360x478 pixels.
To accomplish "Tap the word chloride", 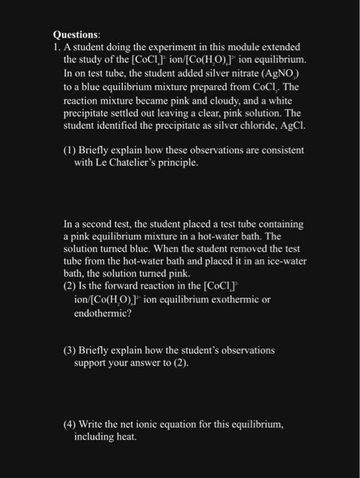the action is (x=258, y=125).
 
